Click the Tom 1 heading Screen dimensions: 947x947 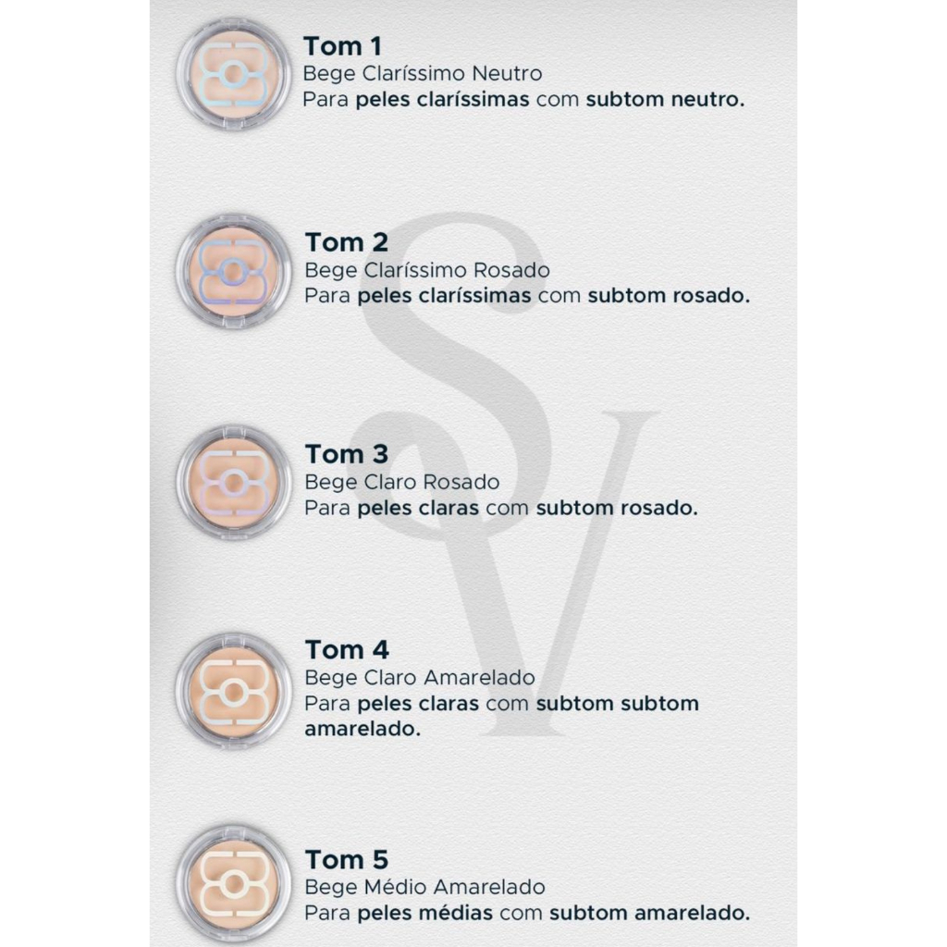pos(342,46)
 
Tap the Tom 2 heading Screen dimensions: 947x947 pos(347,243)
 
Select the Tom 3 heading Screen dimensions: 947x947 pos(347,454)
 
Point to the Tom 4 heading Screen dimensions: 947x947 pos(347,650)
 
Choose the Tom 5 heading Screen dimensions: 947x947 pos(347,859)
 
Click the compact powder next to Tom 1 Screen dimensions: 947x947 pos(234,74)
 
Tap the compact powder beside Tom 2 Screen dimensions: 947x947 pos(234,271)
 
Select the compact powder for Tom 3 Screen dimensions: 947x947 pos(234,482)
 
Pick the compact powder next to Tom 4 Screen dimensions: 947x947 pos(234,691)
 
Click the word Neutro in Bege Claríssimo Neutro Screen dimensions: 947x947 pos(508,74)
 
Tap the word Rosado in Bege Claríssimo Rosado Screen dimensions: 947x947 pos(511,270)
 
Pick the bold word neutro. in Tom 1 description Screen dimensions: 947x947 pos(707,100)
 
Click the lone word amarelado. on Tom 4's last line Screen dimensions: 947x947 pos(363,729)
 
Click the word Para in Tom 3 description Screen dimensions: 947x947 pos(327,508)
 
